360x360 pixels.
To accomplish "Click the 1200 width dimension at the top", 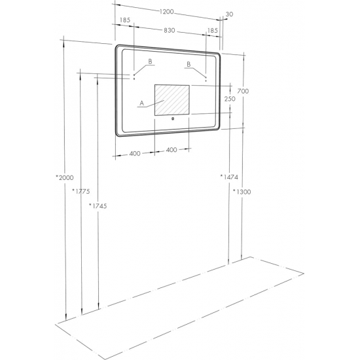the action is coord(167,12).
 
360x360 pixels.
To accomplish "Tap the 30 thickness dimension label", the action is coord(229,14).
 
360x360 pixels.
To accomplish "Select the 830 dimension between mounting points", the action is coord(170,30).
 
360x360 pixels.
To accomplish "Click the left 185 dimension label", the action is coord(125,20).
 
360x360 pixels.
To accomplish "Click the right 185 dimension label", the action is coord(212,30).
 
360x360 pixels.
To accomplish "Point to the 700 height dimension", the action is coord(243,91).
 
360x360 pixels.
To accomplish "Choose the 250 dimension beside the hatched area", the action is coord(230,99).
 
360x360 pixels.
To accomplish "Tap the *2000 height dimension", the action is coord(65,177).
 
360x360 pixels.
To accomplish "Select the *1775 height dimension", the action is coord(81,191).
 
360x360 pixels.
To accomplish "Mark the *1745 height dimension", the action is coord(98,206).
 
